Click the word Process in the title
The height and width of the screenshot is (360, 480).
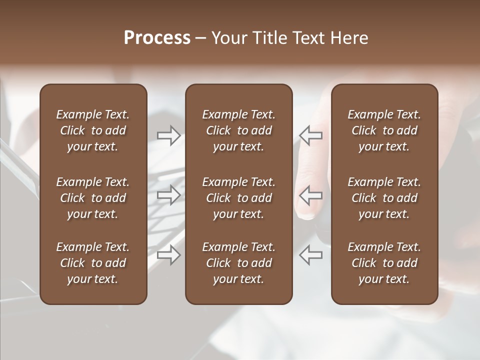click(157, 38)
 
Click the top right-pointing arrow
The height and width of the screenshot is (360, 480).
click(168, 135)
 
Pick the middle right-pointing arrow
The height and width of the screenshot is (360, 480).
click(168, 195)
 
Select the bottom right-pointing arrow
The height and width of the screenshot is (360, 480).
click(168, 255)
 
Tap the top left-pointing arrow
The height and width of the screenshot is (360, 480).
click(311, 135)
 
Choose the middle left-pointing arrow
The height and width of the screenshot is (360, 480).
click(311, 195)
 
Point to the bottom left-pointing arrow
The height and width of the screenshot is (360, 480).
click(311, 255)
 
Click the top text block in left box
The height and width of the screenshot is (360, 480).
click(93, 130)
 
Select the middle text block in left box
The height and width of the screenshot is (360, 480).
click(93, 198)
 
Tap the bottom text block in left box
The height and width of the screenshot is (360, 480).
click(93, 263)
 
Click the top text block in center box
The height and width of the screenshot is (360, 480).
click(238, 130)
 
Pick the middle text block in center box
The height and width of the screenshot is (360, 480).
click(238, 198)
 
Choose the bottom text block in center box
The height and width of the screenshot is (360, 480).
click(238, 263)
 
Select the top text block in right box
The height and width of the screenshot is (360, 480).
click(384, 130)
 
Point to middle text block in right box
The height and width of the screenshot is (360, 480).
click(384, 198)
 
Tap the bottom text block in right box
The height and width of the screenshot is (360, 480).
click(384, 263)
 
